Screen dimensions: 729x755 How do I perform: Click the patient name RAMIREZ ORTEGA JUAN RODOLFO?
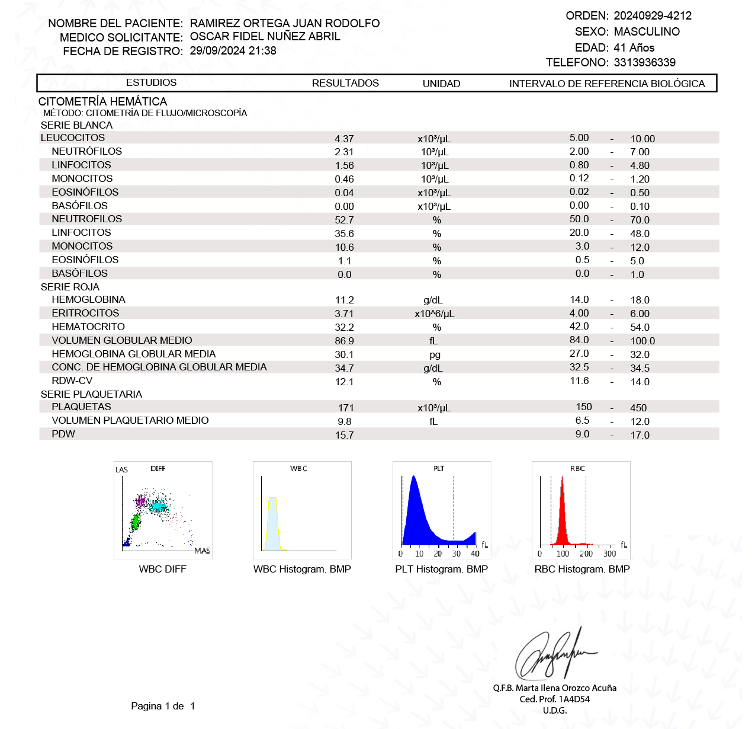tap(285, 23)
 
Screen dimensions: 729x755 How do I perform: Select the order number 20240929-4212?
tap(653, 16)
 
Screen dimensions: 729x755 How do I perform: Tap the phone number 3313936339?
tap(644, 63)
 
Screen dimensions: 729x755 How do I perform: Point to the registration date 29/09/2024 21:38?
tap(233, 51)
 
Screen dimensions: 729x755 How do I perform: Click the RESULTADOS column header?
tap(345, 84)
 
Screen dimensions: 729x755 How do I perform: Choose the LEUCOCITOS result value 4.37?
tap(344, 139)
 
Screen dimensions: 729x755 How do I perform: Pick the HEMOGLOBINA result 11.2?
tap(344, 300)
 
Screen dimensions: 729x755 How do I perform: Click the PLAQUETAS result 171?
tap(346, 408)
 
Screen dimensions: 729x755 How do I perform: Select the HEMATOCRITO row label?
tap(88, 327)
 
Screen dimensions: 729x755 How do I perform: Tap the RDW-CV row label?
tap(72, 381)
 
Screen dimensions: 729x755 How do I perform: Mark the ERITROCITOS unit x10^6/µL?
tap(434, 314)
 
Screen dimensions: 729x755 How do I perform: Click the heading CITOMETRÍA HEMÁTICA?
tap(102, 101)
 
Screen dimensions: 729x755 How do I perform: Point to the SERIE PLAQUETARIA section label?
tap(91, 395)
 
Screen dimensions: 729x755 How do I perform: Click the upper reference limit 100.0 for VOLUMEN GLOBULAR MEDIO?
tap(642, 341)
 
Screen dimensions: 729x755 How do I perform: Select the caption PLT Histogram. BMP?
tap(441, 570)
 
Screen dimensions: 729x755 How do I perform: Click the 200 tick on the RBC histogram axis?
tap(586, 554)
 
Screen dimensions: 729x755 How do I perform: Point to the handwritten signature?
tap(554, 654)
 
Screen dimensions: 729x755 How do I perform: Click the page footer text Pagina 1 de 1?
tap(163, 706)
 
